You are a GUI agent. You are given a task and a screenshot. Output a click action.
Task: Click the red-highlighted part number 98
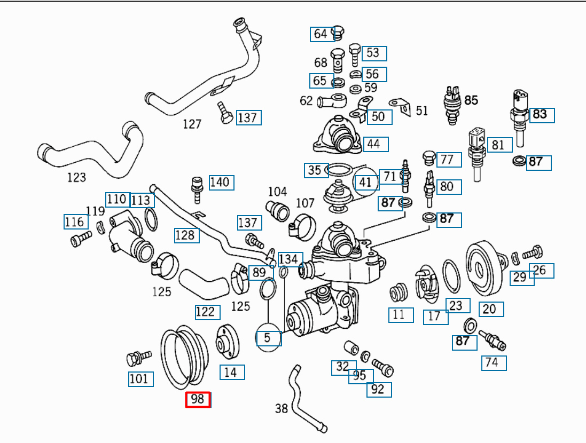[198, 399]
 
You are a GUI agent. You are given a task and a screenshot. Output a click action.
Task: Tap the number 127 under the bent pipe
[192, 124]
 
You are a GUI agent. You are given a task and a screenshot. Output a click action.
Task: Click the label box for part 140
[221, 183]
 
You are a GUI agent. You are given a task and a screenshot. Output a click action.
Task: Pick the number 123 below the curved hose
[76, 177]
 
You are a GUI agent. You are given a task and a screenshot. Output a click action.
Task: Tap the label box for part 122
[207, 312]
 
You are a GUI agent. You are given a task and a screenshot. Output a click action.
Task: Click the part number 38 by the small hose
[282, 409]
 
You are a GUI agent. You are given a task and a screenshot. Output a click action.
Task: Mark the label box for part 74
[494, 363]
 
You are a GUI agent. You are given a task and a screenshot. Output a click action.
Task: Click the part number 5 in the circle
[268, 338]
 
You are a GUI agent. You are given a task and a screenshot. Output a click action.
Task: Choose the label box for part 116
[74, 222]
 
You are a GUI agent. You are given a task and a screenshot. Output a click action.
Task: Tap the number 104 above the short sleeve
[277, 191]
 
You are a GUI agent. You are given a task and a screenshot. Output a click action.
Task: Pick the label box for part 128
[186, 235]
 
